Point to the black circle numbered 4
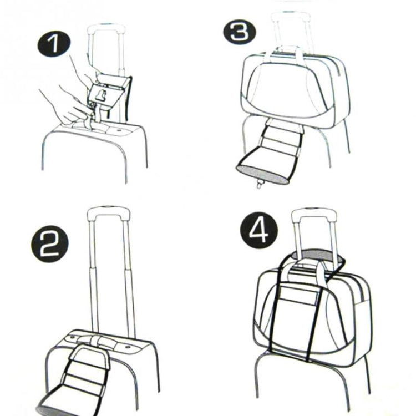pos(258,231)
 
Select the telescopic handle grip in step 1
pos(106,28)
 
